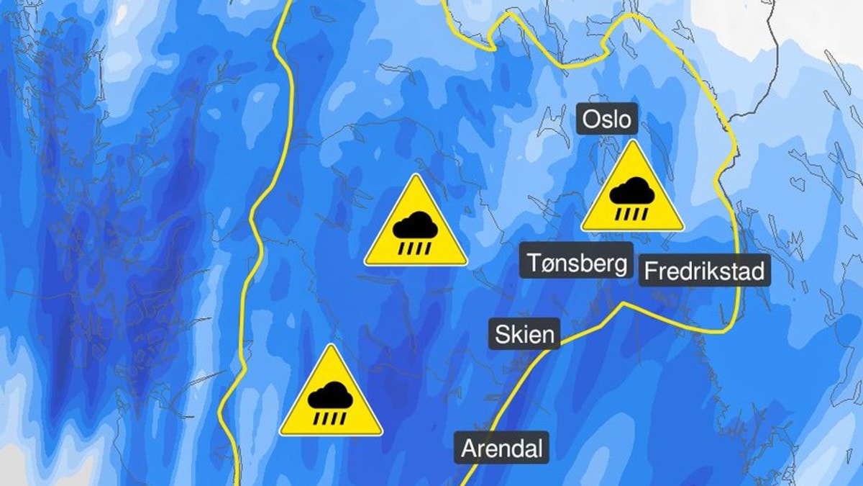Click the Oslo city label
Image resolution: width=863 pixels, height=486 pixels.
[x=606, y=119]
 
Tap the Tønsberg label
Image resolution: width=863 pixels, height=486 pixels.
[x=577, y=263]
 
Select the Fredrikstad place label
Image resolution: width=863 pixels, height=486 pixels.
[x=704, y=271]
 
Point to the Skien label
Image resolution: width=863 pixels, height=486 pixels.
[x=525, y=335]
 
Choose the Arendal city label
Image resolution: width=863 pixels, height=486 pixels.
[x=501, y=449]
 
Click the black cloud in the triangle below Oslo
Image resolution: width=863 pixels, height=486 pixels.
[x=632, y=192]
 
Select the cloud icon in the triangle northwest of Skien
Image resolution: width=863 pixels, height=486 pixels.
[x=416, y=227]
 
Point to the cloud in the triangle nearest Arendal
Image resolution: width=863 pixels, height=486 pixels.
[x=331, y=396]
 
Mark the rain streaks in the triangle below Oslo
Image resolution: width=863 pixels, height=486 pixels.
[x=632, y=213]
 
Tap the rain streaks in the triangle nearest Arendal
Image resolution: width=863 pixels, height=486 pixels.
[x=331, y=418]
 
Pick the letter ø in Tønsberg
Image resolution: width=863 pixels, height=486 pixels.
[x=547, y=264]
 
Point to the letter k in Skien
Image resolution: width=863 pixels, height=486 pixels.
[x=516, y=335]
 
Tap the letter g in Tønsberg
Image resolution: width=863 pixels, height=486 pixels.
[x=620, y=265]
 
